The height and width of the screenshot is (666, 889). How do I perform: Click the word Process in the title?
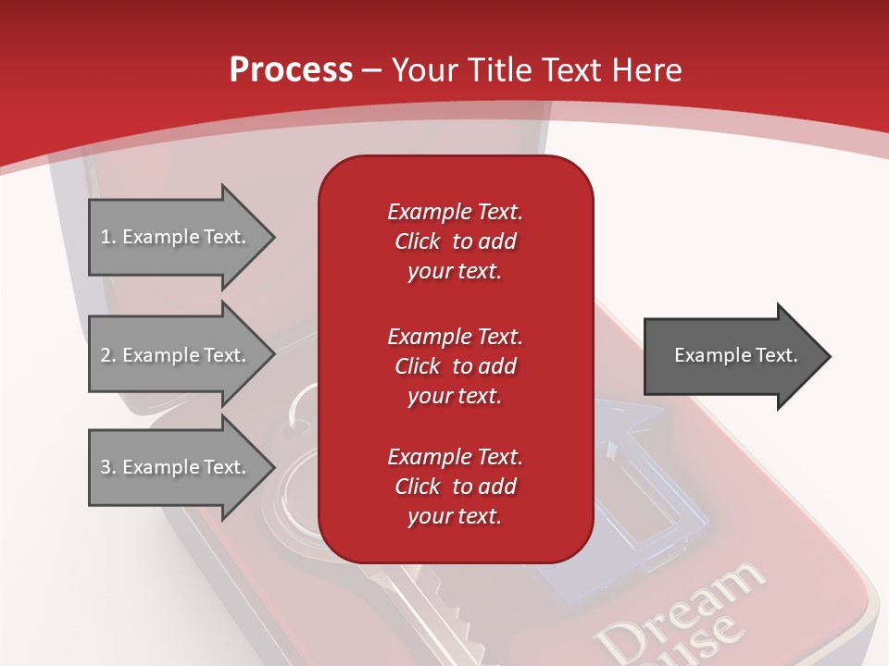click(291, 70)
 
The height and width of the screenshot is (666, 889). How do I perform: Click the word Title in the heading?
click(500, 70)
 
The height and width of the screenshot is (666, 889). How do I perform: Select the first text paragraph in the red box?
click(455, 241)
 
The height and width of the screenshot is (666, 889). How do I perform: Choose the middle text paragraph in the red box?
click(455, 366)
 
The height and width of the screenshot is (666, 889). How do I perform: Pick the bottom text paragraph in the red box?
click(455, 487)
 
